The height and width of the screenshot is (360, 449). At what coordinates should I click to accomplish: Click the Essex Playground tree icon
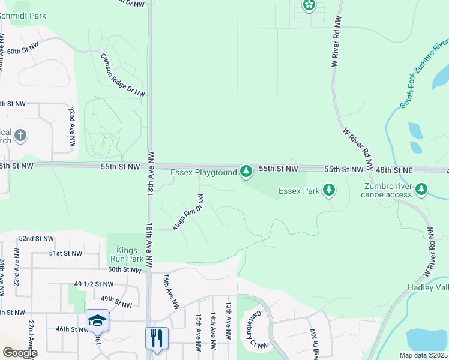246,172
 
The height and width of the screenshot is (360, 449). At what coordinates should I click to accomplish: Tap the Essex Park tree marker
328,191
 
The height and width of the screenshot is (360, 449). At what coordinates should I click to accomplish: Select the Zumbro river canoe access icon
422,190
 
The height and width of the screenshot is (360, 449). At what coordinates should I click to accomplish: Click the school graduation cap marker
97,320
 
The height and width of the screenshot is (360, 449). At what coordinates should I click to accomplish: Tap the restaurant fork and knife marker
157,337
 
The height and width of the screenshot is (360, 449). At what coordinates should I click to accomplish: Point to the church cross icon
20,135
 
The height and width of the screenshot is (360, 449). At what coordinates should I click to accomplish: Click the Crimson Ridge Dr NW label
123,74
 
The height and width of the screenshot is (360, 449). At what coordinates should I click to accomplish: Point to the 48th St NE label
390,170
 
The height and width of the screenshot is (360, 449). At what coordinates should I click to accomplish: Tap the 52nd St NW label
35,238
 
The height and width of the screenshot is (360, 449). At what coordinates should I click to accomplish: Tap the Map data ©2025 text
423,355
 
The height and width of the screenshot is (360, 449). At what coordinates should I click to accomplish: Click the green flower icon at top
309,6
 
